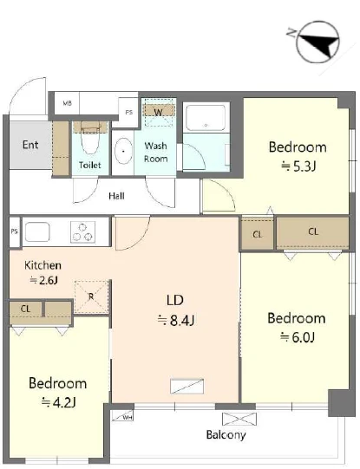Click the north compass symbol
tap(317, 42)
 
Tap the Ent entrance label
tap(30, 145)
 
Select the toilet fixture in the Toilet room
tap(90, 138)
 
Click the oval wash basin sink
tap(123, 151)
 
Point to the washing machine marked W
tap(158, 110)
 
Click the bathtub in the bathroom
tap(206, 117)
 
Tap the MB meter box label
tap(67, 103)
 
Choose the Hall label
tap(116, 196)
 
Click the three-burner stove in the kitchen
tap(83, 231)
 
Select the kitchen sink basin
tap(37, 231)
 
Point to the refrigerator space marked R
tap(91, 296)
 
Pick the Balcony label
tap(226, 434)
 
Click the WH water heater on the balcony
tap(122, 416)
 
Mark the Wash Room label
tap(155, 153)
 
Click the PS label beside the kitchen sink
tap(14, 231)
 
